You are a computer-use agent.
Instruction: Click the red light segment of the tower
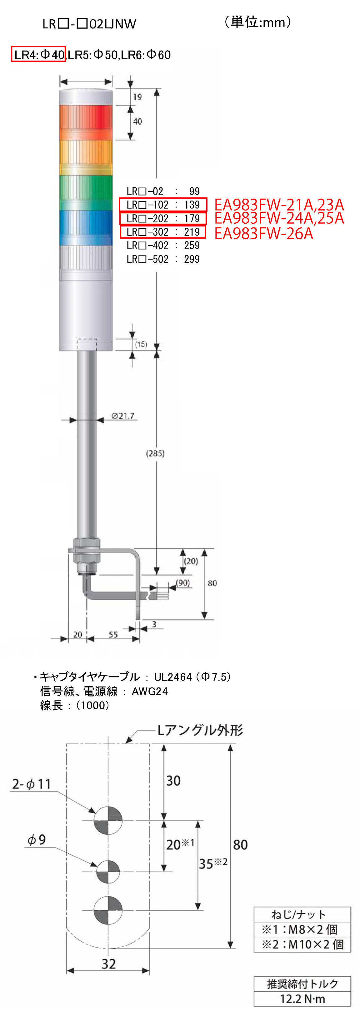pos(86,122)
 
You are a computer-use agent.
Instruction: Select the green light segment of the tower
pos(86,193)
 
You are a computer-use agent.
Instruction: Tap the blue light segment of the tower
pos(86,228)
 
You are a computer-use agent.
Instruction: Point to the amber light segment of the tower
pos(86,157)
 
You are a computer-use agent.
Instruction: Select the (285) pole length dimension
pos(155,453)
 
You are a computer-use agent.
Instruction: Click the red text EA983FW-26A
pos(263,234)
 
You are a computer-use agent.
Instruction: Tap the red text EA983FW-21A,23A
pos(279,205)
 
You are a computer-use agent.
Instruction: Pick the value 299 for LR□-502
pos(192,259)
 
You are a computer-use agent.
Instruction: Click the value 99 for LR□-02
pos(194,192)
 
